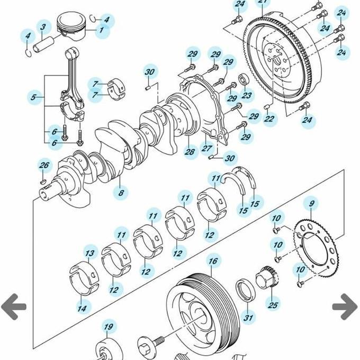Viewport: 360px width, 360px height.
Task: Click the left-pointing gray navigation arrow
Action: click(x=13, y=307)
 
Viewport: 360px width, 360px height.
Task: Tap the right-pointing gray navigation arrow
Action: click(x=345, y=307)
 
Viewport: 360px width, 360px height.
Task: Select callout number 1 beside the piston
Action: click(x=101, y=30)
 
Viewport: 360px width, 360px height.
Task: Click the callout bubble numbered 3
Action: click(x=43, y=26)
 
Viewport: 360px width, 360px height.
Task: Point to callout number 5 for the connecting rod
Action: click(x=34, y=97)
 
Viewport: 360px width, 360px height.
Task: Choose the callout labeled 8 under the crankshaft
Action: click(x=121, y=193)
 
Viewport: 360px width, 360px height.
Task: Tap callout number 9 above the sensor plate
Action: click(x=311, y=203)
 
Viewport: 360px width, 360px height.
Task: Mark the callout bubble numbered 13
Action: click(x=91, y=254)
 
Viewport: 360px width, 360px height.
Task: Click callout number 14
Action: click(x=83, y=307)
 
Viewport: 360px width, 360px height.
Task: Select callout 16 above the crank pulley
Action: click(x=212, y=261)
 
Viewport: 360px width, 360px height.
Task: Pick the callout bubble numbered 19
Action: click(x=108, y=327)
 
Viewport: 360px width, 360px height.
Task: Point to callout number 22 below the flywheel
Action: click(x=269, y=119)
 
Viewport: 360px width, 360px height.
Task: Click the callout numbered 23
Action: click(x=246, y=96)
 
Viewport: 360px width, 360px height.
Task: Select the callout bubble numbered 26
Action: click(x=44, y=166)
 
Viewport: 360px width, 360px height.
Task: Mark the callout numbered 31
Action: click(x=248, y=318)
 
